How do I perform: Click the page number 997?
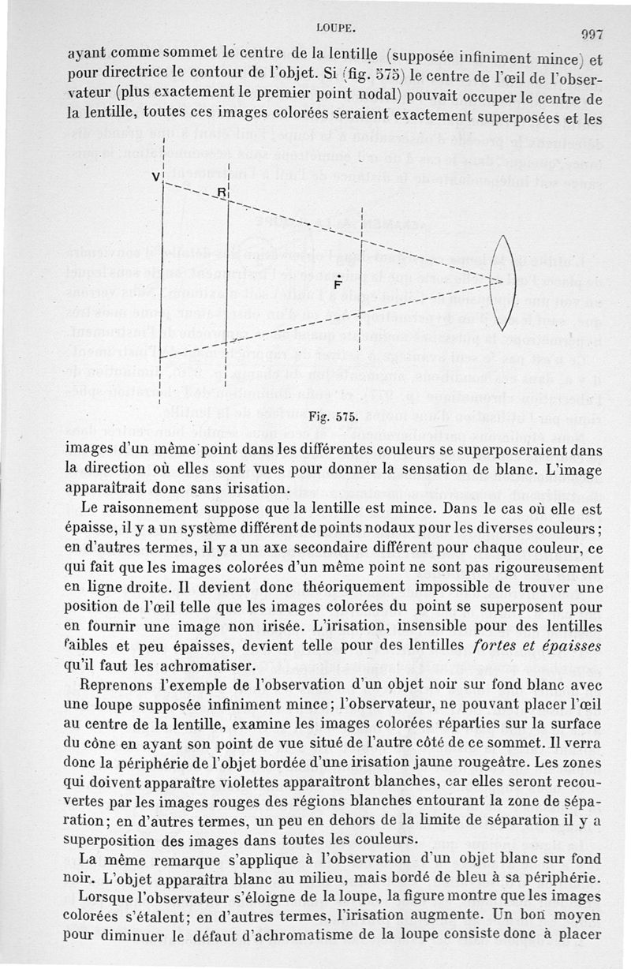592,34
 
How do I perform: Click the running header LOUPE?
337,27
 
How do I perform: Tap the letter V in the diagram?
157,175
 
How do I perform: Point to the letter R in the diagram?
222,193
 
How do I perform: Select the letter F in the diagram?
338,285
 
